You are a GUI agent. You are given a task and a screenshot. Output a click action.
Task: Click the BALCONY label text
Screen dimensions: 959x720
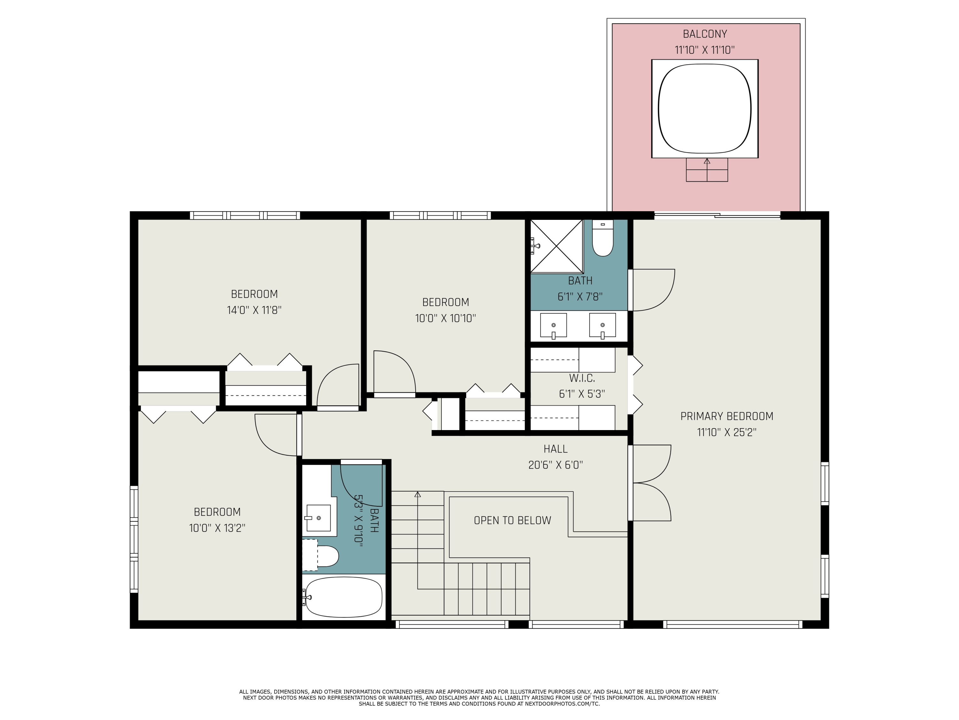coord(705,34)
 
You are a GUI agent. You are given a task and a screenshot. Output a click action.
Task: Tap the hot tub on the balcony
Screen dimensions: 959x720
coord(705,108)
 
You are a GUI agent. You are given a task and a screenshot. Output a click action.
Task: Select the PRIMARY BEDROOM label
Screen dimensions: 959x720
coord(727,416)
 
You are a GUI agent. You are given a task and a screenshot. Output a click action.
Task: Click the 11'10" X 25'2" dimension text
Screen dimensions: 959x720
coord(727,432)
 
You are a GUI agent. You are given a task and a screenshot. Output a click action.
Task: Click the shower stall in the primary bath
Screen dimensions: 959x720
coord(557,246)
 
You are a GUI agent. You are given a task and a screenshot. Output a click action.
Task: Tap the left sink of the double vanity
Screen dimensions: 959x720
coord(553,325)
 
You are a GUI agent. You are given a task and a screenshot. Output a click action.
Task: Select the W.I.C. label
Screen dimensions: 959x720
coord(582,378)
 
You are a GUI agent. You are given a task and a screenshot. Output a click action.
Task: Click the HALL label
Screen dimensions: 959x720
coord(555,449)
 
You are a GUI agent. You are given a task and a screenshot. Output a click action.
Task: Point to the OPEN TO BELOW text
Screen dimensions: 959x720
coord(512,520)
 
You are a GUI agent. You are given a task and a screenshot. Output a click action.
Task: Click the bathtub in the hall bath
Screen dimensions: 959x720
coord(343,597)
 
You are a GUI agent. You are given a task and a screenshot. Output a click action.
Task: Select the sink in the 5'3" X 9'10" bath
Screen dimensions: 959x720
coord(319,518)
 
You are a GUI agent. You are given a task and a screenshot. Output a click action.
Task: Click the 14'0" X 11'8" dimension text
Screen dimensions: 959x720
coord(254,310)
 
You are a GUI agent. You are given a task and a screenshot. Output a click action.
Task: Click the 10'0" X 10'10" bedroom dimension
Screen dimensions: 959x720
coord(445,318)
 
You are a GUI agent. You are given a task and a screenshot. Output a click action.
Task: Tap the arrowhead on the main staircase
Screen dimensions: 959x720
coord(417,494)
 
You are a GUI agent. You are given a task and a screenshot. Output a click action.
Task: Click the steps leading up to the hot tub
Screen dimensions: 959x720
coord(707,170)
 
